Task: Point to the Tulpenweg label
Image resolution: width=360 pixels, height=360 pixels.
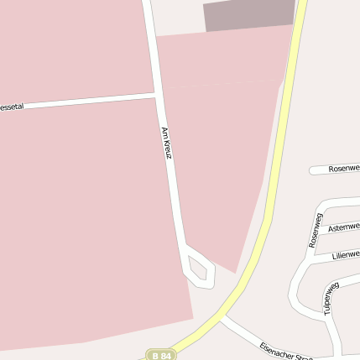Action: point(328,298)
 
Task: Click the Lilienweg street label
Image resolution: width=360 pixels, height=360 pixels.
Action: point(345,254)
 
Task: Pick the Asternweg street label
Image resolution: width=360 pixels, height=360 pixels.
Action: point(343,227)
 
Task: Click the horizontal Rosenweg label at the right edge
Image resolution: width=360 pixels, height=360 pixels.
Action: point(344,168)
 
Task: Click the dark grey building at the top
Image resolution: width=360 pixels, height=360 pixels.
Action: point(249,16)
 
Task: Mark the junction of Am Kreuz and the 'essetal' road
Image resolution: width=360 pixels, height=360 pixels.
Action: point(157,97)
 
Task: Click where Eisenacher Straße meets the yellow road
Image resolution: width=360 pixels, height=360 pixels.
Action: point(222,316)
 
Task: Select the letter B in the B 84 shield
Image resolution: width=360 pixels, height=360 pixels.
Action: point(157,355)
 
